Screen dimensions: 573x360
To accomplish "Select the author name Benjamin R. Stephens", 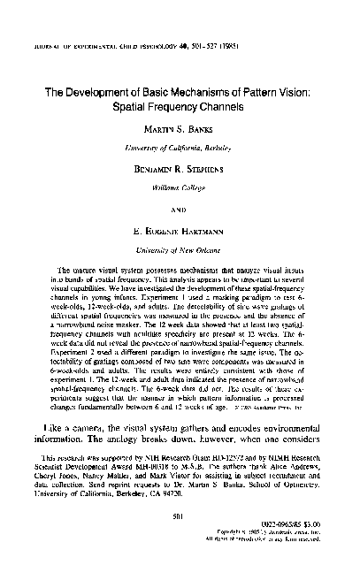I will [180, 166].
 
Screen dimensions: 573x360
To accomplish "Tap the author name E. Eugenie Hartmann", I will [180, 235].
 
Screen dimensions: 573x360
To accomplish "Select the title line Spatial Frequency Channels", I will [180, 105].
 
